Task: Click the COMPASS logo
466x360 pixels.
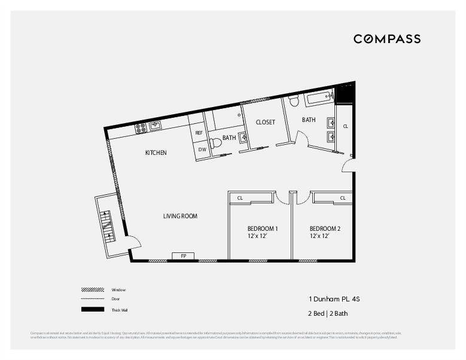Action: click(386, 39)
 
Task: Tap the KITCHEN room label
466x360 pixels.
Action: click(156, 153)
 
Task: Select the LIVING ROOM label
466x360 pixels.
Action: click(180, 216)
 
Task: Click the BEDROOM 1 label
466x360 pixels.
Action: click(263, 229)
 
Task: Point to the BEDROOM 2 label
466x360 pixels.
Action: click(325, 229)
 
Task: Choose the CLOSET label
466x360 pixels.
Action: click(265, 122)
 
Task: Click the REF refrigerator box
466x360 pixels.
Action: click(199, 133)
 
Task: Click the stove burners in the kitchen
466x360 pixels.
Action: click(141, 127)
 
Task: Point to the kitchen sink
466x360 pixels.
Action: click(155, 126)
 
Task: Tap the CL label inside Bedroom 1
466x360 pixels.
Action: click(240, 198)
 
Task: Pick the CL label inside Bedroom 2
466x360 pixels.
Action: click(343, 198)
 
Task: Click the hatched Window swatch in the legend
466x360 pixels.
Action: click(93, 289)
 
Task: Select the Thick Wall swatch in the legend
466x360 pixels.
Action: click(93, 309)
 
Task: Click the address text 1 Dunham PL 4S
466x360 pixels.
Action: click(333, 298)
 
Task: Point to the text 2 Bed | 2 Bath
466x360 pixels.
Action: click(328, 313)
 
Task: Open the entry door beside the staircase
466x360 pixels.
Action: click(135, 242)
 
